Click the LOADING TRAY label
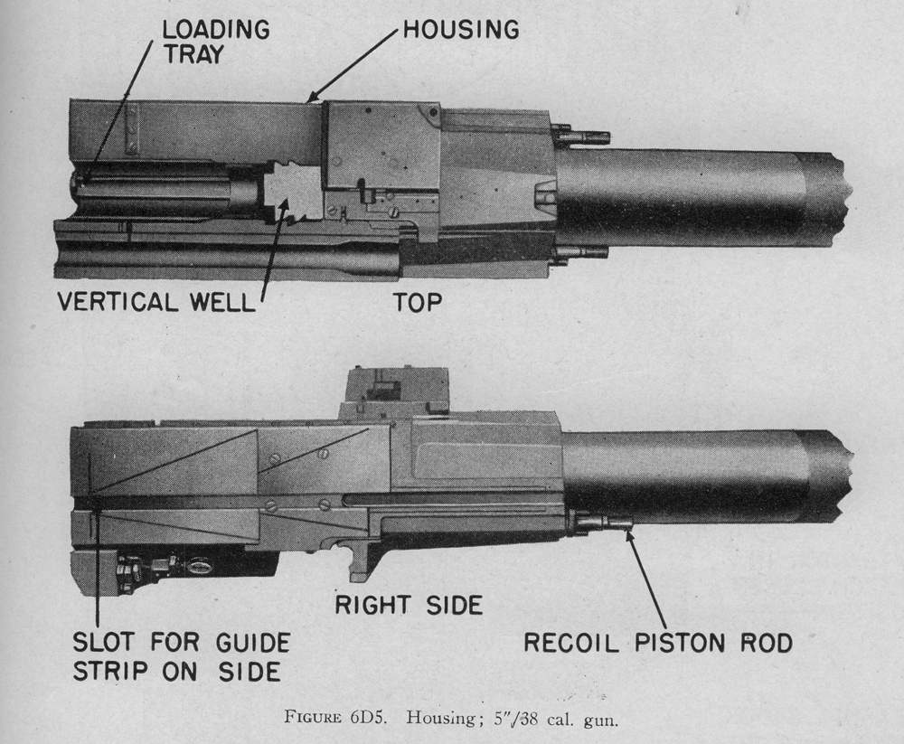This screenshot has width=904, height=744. (215, 41)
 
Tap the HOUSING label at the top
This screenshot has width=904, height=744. (460, 29)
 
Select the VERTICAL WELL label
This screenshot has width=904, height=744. (155, 302)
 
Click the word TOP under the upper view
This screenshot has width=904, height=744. (418, 302)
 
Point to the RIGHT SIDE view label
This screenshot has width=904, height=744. (409, 605)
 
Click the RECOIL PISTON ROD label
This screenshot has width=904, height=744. (658, 643)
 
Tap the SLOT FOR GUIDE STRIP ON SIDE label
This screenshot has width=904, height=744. (181, 657)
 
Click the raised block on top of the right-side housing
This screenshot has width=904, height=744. (394, 391)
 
